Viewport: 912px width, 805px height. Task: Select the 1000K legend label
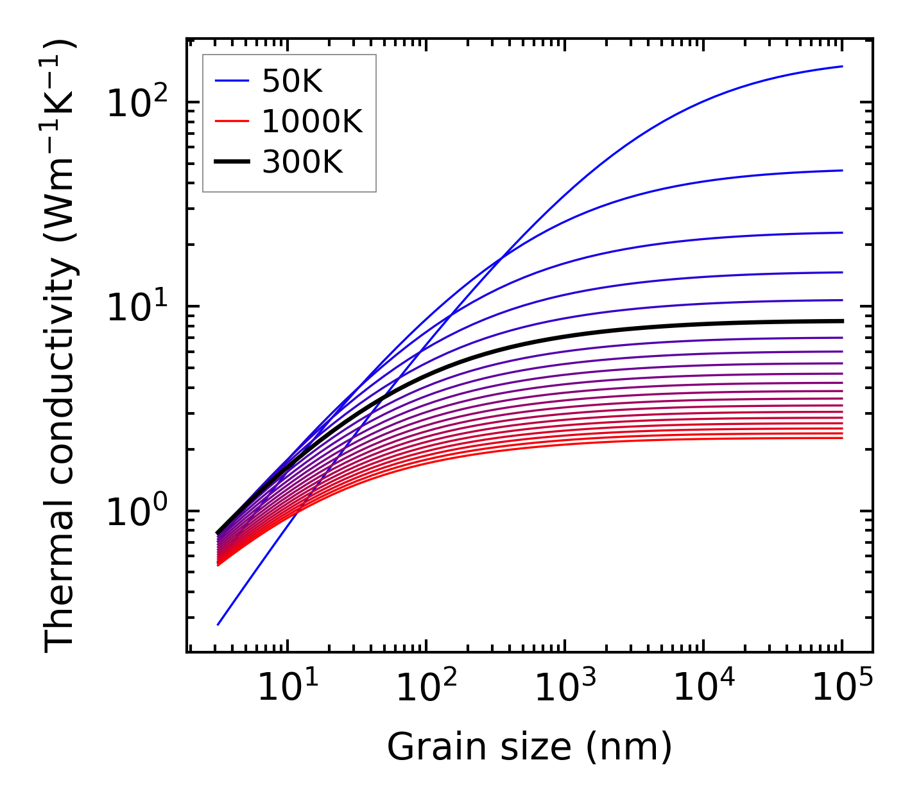[x=312, y=121]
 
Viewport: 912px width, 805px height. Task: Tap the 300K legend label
[x=302, y=162]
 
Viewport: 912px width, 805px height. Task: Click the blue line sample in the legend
[x=231, y=81]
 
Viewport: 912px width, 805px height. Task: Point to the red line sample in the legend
[x=231, y=121]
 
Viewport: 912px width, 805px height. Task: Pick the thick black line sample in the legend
[x=231, y=162]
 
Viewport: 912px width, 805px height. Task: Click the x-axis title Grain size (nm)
[x=529, y=747]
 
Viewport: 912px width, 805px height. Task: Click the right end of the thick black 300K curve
[x=841, y=321]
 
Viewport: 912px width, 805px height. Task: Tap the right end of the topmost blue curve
[x=841, y=66]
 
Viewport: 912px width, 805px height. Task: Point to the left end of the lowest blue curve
[x=218, y=625]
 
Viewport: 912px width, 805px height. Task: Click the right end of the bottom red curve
[x=841, y=438]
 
